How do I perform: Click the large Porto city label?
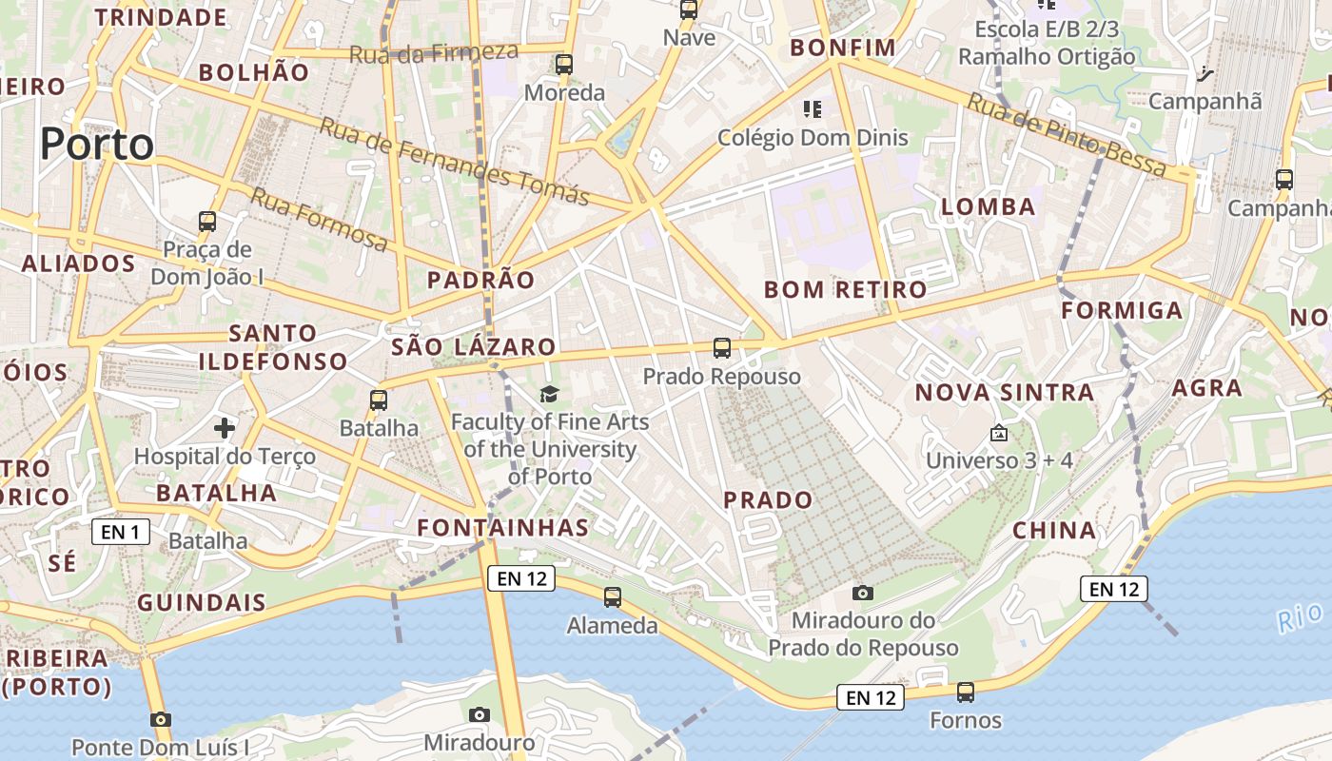[96, 145]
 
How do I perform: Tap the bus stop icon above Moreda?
[564, 65]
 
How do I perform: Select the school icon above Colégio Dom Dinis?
[812, 109]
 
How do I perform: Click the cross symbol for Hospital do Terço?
[225, 428]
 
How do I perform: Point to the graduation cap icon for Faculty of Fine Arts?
[549, 394]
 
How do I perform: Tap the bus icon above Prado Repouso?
[722, 348]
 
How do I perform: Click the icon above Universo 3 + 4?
[998, 433]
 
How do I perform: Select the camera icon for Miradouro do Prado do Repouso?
[863, 593]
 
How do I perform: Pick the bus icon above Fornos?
[966, 692]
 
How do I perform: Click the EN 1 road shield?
[121, 532]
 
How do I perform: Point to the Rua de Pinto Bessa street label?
[1067, 134]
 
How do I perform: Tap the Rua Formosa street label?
[319, 220]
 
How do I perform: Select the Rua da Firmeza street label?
[433, 52]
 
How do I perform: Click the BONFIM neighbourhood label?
[843, 48]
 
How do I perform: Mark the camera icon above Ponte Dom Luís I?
[161, 719]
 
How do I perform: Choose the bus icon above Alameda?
[613, 597]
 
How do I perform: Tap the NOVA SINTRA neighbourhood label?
[1004, 392]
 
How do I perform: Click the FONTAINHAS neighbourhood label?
[503, 527]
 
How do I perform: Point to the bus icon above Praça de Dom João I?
[207, 222]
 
